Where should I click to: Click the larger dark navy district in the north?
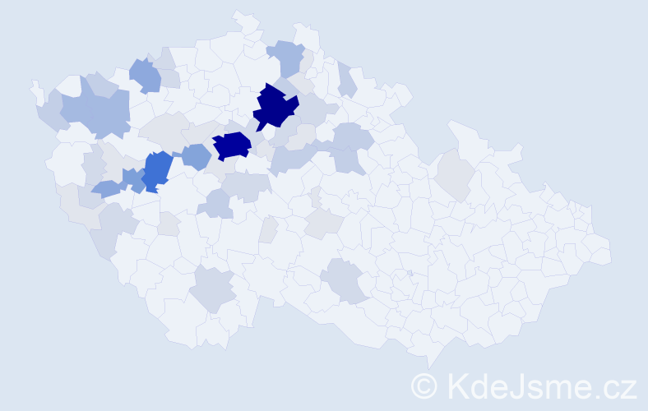click(x=275, y=108)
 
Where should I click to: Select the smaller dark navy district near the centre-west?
click(x=232, y=145)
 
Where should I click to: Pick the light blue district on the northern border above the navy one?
click(x=287, y=58)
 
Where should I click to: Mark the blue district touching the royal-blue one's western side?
click(x=132, y=178)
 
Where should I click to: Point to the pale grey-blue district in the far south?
click(x=213, y=289)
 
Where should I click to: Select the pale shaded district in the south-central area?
click(x=345, y=280)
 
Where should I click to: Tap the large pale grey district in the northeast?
click(x=454, y=173)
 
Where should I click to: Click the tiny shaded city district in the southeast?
click(x=410, y=273)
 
